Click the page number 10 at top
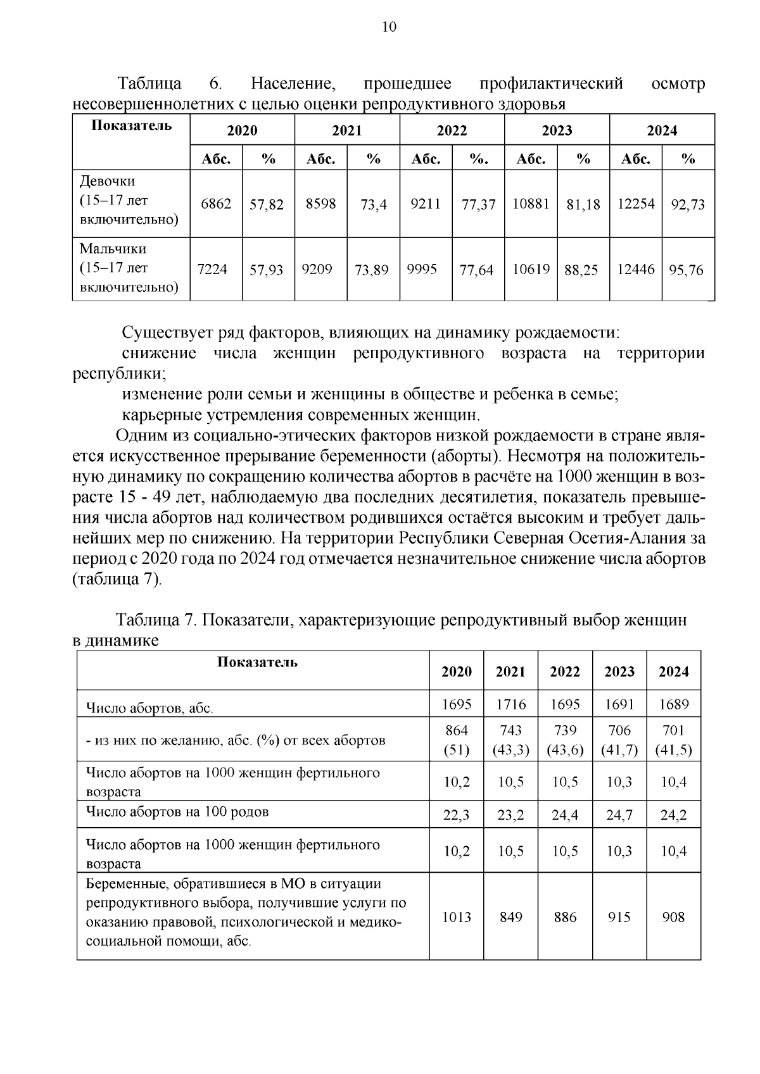pyautogui.click(x=389, y=27)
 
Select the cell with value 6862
pyautogui.click(x=215, y=204)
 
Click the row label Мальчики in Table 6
pyautogui.click(x=113, y=249)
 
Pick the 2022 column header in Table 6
pyautogui.click(x=452, y=130)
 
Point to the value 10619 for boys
pyautogui.click(x=530, y=270)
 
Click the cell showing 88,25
pyautogui.click(x=581, y=270)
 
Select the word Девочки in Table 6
pyautogui.click(x=107, y=182)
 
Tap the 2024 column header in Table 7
pyautogui.click(x=673, y=671)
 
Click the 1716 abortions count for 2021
pyautogui.click(x=510, y=704)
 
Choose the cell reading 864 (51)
pyautogui.click(x=456, y=740)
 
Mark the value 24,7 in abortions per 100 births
pyautogui.click(x=619, y=815)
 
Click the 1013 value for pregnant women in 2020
pyautogui.click(x=456, y=917)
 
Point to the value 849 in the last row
pyautogui.click(x=510, y=917)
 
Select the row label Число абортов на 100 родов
pyautogui.click(x=177, y=812)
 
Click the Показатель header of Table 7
pyautogui.click(x=257, y=663)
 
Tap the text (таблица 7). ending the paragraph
pyautogui.click(x=118, y=580)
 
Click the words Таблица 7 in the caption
pyautogui.click(x=156, y=620)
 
